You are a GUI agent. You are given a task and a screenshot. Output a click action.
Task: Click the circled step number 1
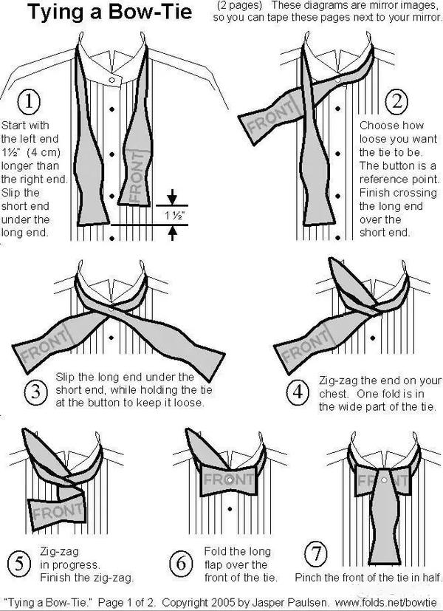[27, 101]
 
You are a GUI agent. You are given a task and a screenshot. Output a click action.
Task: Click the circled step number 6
[180, 564]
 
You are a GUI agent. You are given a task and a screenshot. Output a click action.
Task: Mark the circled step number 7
[314, 552]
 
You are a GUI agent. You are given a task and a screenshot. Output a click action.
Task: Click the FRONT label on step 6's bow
[228, 479]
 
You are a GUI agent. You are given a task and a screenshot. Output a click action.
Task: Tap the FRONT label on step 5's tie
[58, 511]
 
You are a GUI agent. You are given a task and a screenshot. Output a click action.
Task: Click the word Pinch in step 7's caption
[308, 576]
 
